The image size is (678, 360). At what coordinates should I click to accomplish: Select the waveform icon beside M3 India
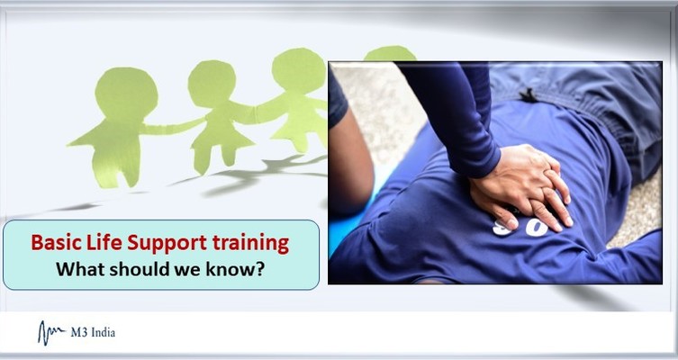pos(50,333)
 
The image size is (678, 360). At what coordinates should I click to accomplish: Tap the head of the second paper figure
pos(212,83)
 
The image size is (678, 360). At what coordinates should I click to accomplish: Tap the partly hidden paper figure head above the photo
pos(388,53)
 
